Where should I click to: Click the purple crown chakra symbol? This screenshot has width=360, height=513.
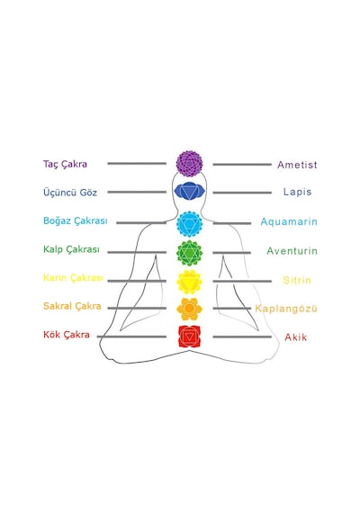pyautogui.click(x=189, y=164)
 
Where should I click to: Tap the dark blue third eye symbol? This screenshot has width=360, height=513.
pyautogui.click(x=189, y=191)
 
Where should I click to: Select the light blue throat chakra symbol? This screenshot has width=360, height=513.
pyautogui.click(x=189, y=224)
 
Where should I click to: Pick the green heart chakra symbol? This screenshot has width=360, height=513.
pyautogui.click(x=189, y=253)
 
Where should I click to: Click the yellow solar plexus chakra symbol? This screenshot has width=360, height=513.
pyautogui.click(x=189, y=282)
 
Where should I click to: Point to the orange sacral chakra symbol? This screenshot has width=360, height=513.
pyautogui.click(x=189, y=309)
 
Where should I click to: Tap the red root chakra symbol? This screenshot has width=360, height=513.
pyautogui.click(x=189, y=337)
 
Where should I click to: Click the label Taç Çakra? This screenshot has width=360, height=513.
pyautogui.click(x=65, y=164)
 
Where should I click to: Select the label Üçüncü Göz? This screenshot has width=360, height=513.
pyautogui.click(x=70, y=192)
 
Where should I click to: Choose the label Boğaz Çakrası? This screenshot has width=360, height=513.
pyautogui.click(x=76, y=220)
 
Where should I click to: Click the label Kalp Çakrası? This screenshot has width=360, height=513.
pyautogui.click(x=71, y=249)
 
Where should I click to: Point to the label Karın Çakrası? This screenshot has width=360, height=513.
pyautogui.click(x=73, y=278)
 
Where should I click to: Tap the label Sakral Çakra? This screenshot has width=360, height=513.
pyautogui.click(x=72, y=306)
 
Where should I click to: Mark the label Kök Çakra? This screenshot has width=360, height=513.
pyautogui.click(x=67, y=335)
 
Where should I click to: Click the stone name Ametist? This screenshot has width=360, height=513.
pyautogui.click(x=297, y=165)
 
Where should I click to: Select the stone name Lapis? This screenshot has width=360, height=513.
pyautogui.click(x=297, y=192)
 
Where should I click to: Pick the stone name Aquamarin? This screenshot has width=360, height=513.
pyautogui.click(x=289, y=221)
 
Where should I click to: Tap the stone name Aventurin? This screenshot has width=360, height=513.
pyautogui.click(x=292, y=251)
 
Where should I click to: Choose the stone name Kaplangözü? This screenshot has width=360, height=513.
pyautogui.click(x=286, y=309)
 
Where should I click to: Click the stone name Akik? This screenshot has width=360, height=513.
pyautogui.click(x=296, y=337)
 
